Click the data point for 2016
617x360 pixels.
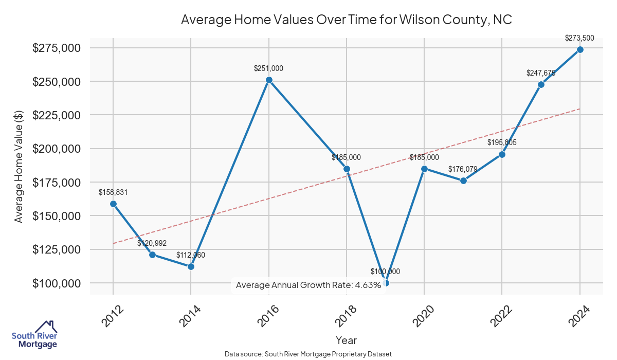point(269,80)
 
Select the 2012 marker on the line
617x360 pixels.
point(113,204)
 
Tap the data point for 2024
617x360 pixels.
point(580,49)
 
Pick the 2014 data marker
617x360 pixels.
point(191,266)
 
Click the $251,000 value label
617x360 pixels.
point(268,68)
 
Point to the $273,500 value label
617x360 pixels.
point(579,38)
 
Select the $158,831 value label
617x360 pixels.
point(113,192)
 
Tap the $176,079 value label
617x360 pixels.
point(463,169)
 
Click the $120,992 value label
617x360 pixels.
point(152,243)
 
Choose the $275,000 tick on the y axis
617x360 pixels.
point(57,48)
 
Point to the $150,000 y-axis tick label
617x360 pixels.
point(57,216)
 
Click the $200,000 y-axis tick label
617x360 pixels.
point(57,149)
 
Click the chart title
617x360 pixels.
point(346,20)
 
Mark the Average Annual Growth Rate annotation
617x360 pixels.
point(308,285)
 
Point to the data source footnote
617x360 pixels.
point(308,354)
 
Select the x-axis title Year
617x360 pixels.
point(346,340)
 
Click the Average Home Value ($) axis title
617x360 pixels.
point(19,166)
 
